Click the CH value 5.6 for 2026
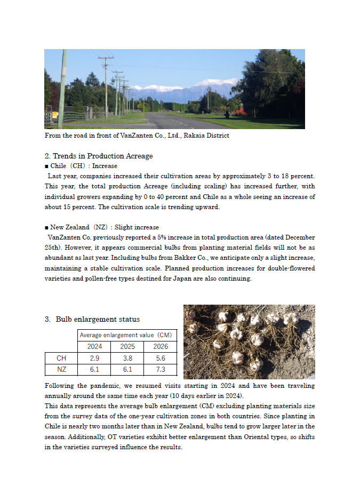[160, 358]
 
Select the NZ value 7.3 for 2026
[160, 369]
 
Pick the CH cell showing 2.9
[94, 358]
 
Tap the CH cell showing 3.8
[127, 358]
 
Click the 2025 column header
[127, 347]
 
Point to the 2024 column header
[94, 347]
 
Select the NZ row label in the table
[61, 369]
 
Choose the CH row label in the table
[61, 358]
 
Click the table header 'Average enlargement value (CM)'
[127, 335]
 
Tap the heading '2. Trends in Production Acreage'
[99, 156]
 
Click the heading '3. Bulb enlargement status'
[92, 319]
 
